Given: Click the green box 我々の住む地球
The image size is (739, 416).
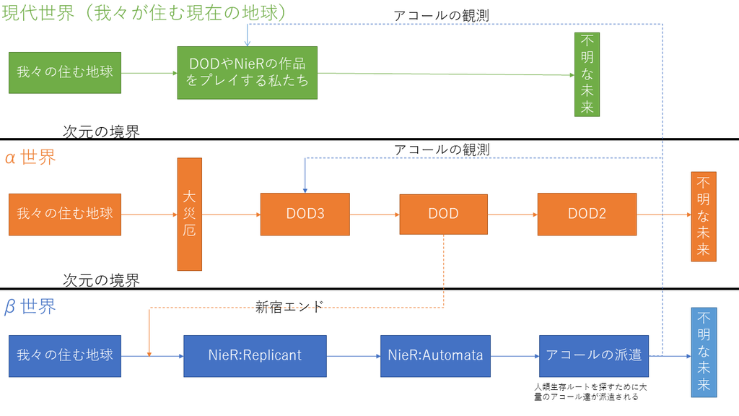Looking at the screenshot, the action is coord(65,73).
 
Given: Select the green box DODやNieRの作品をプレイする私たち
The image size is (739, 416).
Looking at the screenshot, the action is coord(248,73).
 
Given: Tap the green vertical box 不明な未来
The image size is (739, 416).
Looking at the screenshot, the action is coord(587,74).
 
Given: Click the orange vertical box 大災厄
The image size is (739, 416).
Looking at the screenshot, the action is coord(190,214).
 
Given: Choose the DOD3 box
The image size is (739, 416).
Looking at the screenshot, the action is coord(305,214).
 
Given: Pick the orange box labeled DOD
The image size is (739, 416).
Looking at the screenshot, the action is coord(444,214).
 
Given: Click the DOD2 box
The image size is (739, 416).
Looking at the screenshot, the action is coord(587,214).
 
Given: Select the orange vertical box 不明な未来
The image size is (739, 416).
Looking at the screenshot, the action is coord(704,217).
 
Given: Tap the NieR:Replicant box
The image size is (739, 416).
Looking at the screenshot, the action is coord(255,356).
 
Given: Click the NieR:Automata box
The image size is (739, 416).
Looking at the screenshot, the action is coord(435,356).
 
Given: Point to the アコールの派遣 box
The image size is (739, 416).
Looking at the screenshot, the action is coord(594,356).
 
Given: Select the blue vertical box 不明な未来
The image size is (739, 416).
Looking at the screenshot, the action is coord(704,352).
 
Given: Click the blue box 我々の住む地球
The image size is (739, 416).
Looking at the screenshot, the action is coord(65,356).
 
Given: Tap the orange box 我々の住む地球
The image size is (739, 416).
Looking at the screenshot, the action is coord(65,214).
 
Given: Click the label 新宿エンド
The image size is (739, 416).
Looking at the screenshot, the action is coord(289,307).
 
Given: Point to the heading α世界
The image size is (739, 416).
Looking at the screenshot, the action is coord(30,157).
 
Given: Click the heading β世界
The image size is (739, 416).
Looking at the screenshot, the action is coord(30,306).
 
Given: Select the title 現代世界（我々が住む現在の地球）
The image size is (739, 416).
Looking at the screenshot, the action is coord(144,12).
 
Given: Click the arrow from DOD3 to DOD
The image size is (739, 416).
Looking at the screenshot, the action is coord(375,214).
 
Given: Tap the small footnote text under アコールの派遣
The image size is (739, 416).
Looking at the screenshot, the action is coord(590,392).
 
